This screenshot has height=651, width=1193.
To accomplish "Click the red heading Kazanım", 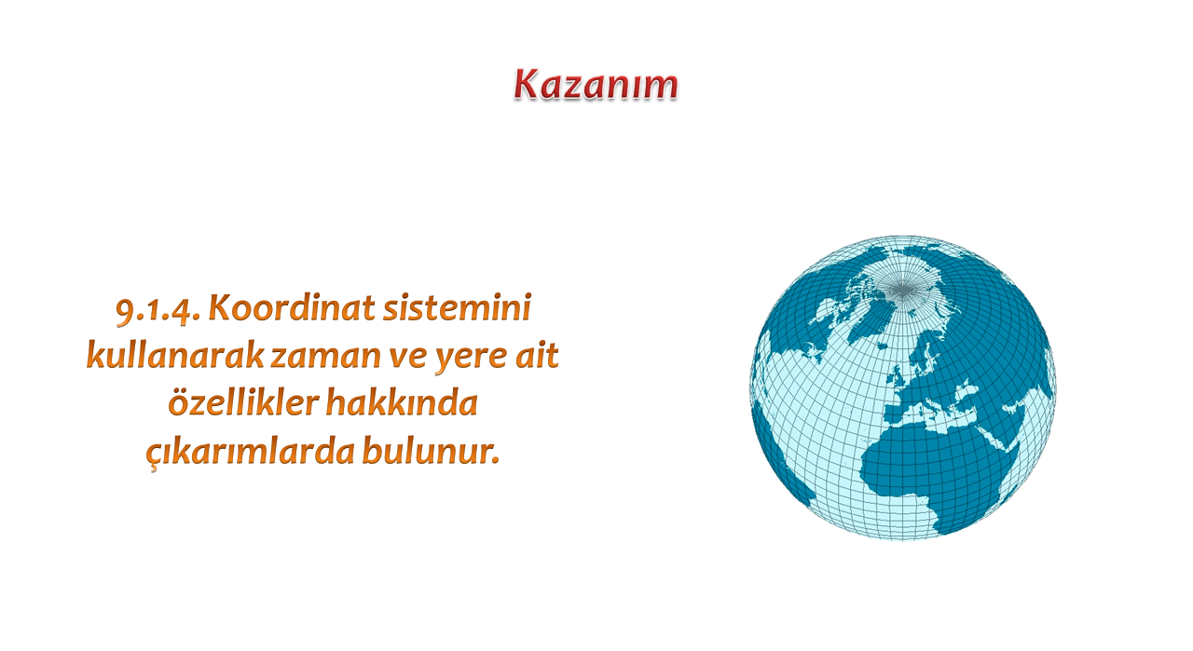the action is [x=596, y=85].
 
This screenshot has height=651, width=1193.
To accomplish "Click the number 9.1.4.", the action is [x=158, y=309].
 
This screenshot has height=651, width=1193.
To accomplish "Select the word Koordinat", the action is [x=292, y=307].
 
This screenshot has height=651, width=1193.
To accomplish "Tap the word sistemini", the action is [x=458, y=307].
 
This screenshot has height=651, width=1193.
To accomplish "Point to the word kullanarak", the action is [x=175, y=355].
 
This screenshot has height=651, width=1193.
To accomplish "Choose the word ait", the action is [x=537, y=355].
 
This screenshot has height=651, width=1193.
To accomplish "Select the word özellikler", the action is [x=243, y=402].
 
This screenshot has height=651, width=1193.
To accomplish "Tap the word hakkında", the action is [x=402, y=402].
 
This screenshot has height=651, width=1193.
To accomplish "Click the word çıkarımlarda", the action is [x=251, y=452].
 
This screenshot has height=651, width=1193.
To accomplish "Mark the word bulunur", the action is [x=431, y=450].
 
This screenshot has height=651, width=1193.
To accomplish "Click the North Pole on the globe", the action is [x=901, y=290].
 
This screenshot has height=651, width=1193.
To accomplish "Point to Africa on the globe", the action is [x=938, y=468].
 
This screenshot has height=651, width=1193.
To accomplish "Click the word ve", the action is [x=407, y=358].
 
